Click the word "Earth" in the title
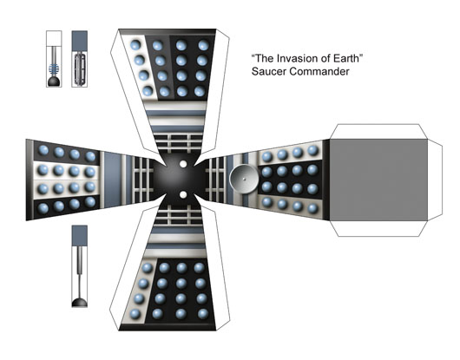345,58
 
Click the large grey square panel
378,180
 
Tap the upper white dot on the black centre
183,164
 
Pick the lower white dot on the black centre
183,194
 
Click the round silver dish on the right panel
244,179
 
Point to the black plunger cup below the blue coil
54,82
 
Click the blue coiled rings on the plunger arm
54,69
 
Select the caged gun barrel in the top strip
80,69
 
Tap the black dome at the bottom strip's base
80,302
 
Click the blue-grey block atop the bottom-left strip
80,236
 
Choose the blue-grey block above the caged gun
80,40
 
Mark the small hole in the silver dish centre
244,179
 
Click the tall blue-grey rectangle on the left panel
113,180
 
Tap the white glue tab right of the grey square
435,180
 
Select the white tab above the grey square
378,132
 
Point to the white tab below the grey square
378,228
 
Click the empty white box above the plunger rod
54,38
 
